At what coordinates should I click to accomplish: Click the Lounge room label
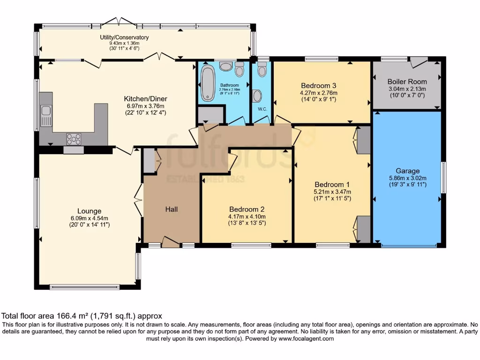[x=89, y=211]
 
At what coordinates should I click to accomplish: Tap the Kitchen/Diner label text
[x=145, y=98]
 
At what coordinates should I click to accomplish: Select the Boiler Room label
[x=407, y=82]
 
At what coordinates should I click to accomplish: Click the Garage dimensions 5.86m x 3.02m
[x=407, y=178]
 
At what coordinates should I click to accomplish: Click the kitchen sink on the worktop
[x=46, y=115]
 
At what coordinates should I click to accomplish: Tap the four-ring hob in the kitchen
[x=74, y=139]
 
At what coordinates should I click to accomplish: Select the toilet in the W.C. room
[x=262, y=69]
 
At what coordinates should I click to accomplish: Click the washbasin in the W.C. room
[x=257, y=96]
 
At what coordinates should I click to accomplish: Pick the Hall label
[x=172, y=210]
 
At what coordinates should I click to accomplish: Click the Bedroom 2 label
[x=247, y=210]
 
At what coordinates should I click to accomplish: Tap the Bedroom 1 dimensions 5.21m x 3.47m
[x=332, y=192]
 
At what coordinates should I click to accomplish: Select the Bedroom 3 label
[x=319, y=85]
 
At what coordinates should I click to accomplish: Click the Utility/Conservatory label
[x=124, y=37]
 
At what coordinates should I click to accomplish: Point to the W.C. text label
[x=262, y=109]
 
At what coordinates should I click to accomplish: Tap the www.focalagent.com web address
[x=306, y=338]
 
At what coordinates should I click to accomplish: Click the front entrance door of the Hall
[x=171, y=242]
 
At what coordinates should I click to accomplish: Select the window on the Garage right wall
[x=443, y=178]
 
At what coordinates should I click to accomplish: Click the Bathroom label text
[x=229, y=85]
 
